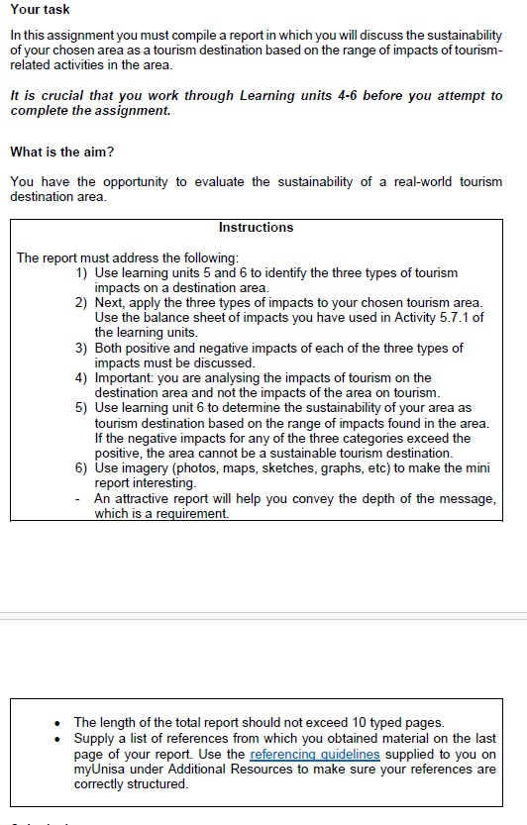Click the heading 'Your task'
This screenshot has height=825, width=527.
tap(40, 10)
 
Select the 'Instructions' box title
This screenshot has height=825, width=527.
tap(256, 228)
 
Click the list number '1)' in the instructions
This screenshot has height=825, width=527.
tap(82, 272)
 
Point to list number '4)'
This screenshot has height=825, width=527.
tap(82, 378)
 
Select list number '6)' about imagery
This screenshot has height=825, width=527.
tap(82, 468)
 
